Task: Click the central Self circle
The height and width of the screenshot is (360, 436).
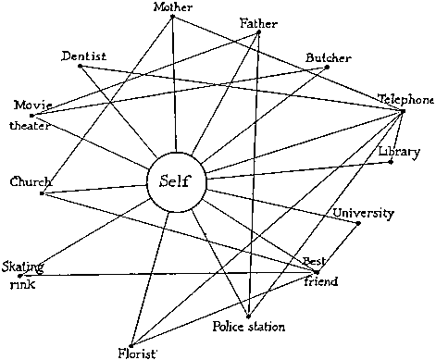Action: (173, 180)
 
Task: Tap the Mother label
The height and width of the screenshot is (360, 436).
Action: (173, 7)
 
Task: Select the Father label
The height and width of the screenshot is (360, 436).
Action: (257, 22)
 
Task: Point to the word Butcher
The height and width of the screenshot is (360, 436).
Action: (329, 58)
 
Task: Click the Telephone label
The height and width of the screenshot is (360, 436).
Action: (405, 99)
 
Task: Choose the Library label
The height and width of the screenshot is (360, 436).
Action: (399, 151)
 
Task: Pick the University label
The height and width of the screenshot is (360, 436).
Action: (364, 214)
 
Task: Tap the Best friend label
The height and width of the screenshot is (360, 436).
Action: (320, 271)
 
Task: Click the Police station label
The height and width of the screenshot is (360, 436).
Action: (248, 327)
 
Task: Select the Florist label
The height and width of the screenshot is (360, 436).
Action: (137, 352)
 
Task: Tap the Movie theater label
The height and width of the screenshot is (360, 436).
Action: (31, 114)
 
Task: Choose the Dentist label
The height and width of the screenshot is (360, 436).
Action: (84, 56)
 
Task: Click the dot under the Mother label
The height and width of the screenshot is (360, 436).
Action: (175, 18)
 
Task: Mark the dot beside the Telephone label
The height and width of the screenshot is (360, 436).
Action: (404, 111)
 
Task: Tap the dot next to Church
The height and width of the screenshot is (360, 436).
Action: (42, 192)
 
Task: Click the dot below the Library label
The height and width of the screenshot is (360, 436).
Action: (392, 163)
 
